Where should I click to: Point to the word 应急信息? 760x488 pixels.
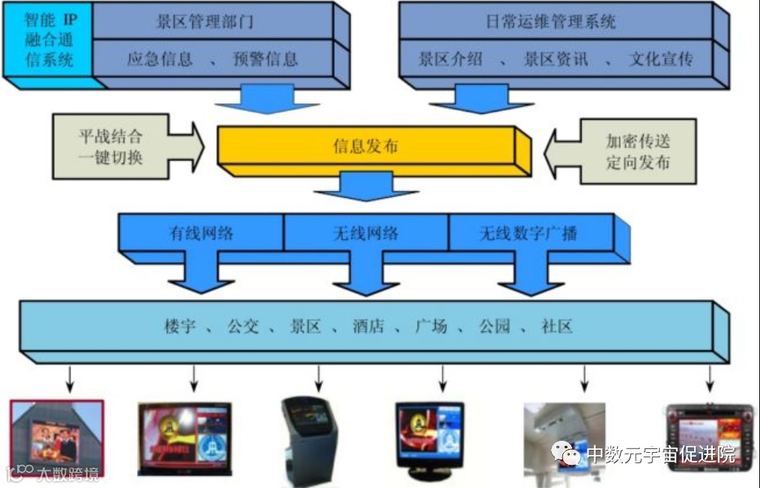[x=159, y=58]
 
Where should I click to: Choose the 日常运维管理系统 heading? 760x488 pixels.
[x=550, y=21]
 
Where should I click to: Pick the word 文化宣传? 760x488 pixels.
[x=661, y=58]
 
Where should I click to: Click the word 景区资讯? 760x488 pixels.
[x=555, y=58]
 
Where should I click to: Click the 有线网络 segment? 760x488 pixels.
[x=201, y=233]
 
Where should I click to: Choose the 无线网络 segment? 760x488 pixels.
[x=365, y=233]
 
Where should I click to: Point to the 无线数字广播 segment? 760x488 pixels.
[x=529, y=233]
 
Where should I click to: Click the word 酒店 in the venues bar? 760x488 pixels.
[x=368, y=326]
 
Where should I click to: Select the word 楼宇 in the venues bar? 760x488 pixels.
[x=180, y=326]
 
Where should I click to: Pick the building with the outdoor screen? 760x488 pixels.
[x=56, y=438]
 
